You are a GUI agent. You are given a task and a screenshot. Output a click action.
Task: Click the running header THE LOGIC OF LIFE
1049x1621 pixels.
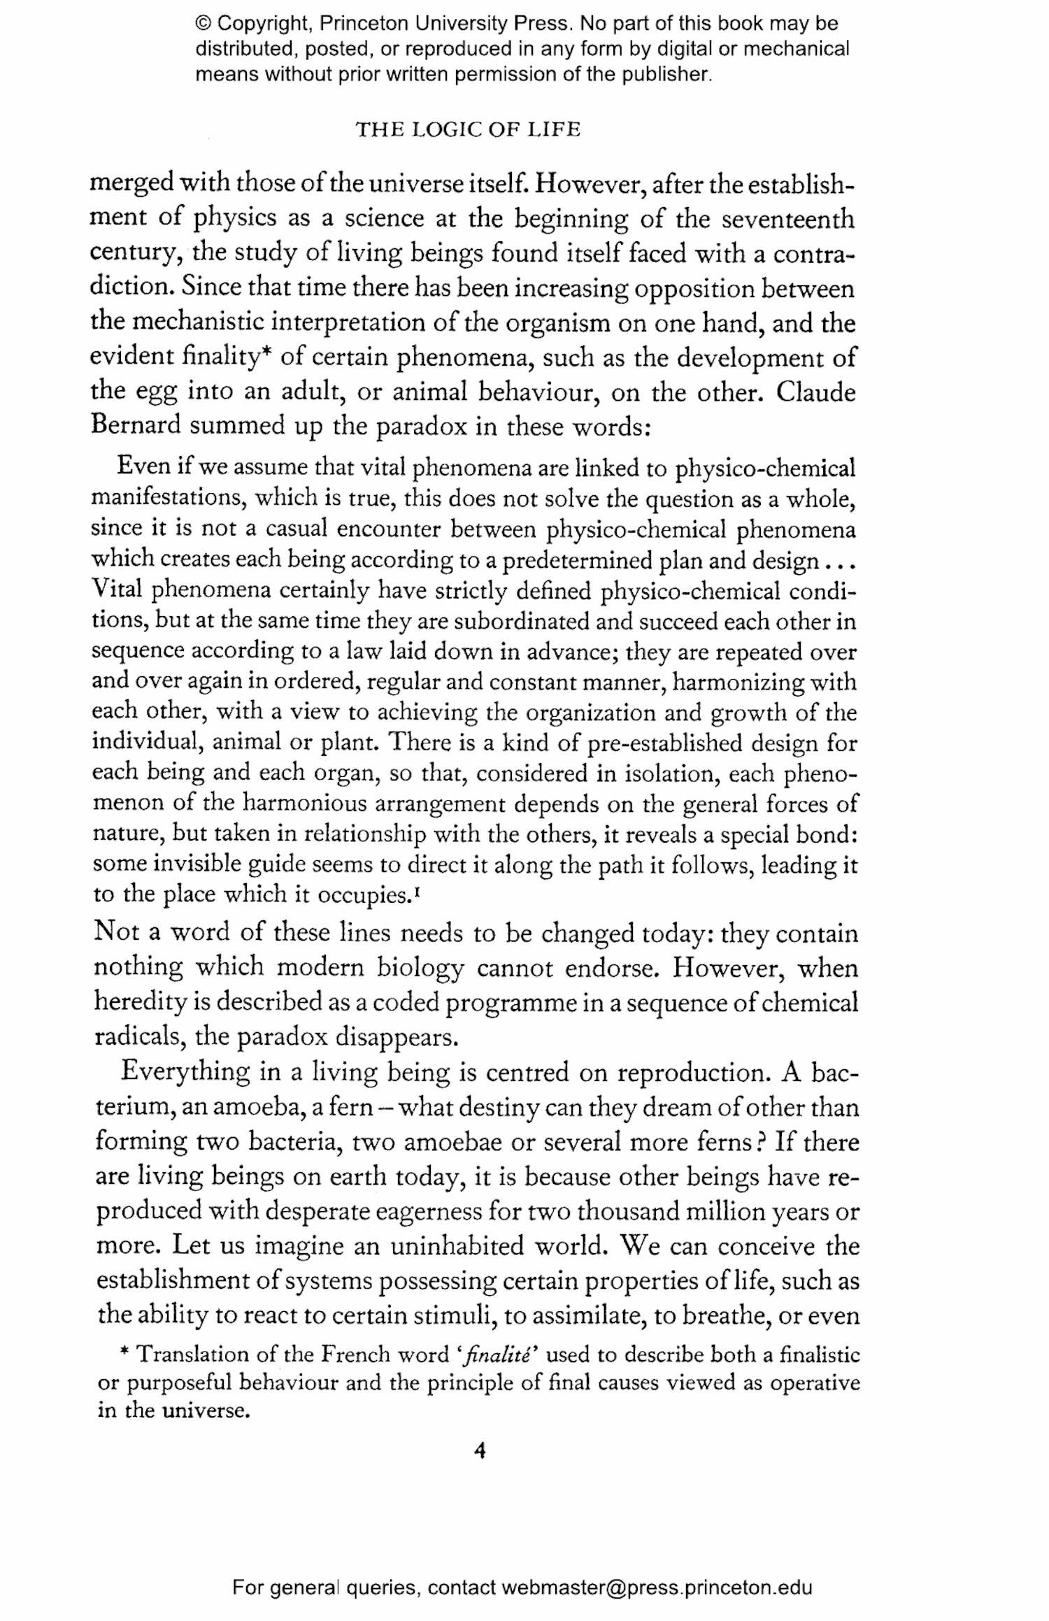pyautogui.click(x=468, y=129)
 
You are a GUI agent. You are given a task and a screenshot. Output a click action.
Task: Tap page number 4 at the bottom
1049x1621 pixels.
pyautogui.click(x=480, y=1450)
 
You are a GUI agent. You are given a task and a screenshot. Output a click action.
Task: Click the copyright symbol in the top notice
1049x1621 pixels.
pyautogui.click(x=204, y=24)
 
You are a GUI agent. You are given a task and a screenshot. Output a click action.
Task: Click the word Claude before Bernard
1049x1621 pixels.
pyautogui.click(x=815, y=392)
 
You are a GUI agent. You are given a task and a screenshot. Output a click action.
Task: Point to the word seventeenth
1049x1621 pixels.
pyautogui.click(x=788, y=219)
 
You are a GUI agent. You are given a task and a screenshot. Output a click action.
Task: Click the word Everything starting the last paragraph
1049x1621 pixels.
pyautogui.click(x=185, y=1071)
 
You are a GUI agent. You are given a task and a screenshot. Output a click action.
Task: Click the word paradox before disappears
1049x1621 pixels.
pyautogui.click(x=283, y=1036)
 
